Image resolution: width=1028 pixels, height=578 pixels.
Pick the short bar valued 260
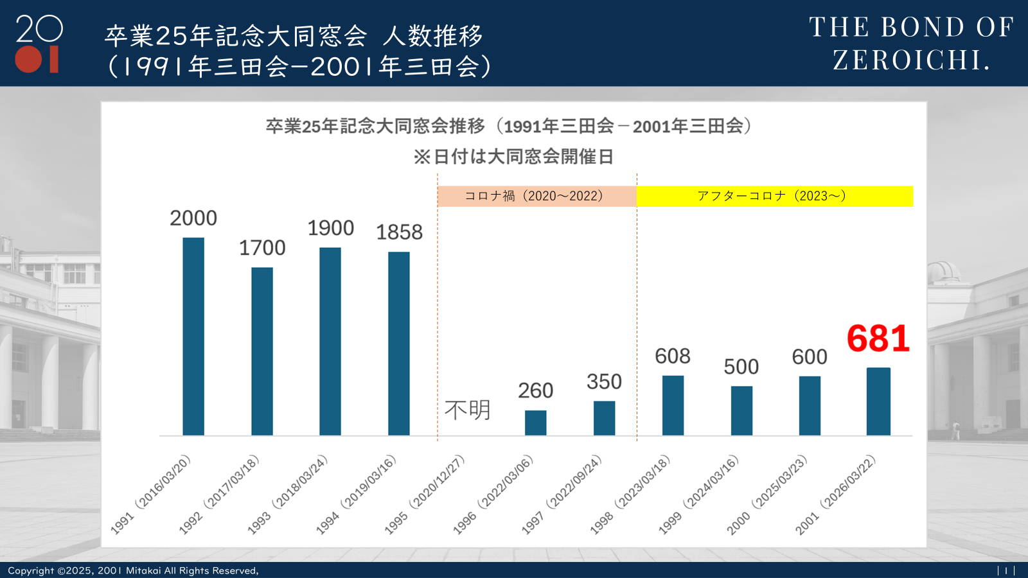tap(536, 423)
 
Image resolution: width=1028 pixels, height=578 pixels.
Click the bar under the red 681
tap(878, 401)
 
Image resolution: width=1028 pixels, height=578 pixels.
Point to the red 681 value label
tap(878, 338)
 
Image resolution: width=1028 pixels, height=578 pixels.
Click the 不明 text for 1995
tap(468, 410)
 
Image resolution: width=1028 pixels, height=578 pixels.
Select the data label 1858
tap(399, 232)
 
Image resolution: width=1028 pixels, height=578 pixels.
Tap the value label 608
tap(673, 356)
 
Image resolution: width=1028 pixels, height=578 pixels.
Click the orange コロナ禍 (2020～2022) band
tap(536, 196)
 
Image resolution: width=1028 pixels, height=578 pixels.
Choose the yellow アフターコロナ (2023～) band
tap(774, 196)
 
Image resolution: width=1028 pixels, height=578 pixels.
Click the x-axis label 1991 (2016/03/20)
tap(152, 494)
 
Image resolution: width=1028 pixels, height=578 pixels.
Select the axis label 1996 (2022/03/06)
tap(494, 494)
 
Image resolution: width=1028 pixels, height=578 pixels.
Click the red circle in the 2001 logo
tap(28, 59)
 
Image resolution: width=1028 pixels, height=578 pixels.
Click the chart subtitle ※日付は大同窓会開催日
tap(513, 157)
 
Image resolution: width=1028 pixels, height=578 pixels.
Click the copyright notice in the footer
tap(133, 570)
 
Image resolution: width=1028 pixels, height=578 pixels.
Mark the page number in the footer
tap(1006, 570)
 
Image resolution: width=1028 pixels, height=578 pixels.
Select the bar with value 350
tap(604, 418)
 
